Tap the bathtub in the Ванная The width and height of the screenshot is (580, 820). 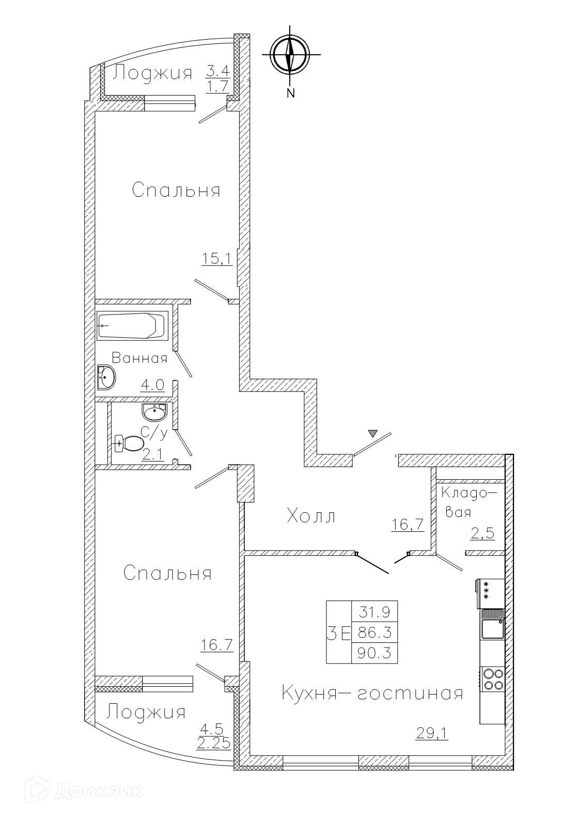coord(133,325)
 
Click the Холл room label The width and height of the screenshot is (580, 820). coord(311,516)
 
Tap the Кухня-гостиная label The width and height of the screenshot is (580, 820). coord(372,693)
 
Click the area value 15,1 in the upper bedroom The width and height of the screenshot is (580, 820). coord(217,259)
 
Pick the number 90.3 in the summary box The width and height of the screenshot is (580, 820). coord(374,653)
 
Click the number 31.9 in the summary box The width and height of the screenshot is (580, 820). coord(374,612)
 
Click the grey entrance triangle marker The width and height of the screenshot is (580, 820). coord(373,434)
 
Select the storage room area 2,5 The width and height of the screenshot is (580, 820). coord(482,533)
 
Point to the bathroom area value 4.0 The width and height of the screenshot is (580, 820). coord(152,385)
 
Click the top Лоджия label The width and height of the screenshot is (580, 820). coord(152,73)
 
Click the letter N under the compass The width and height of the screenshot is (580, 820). coord(291,93)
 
